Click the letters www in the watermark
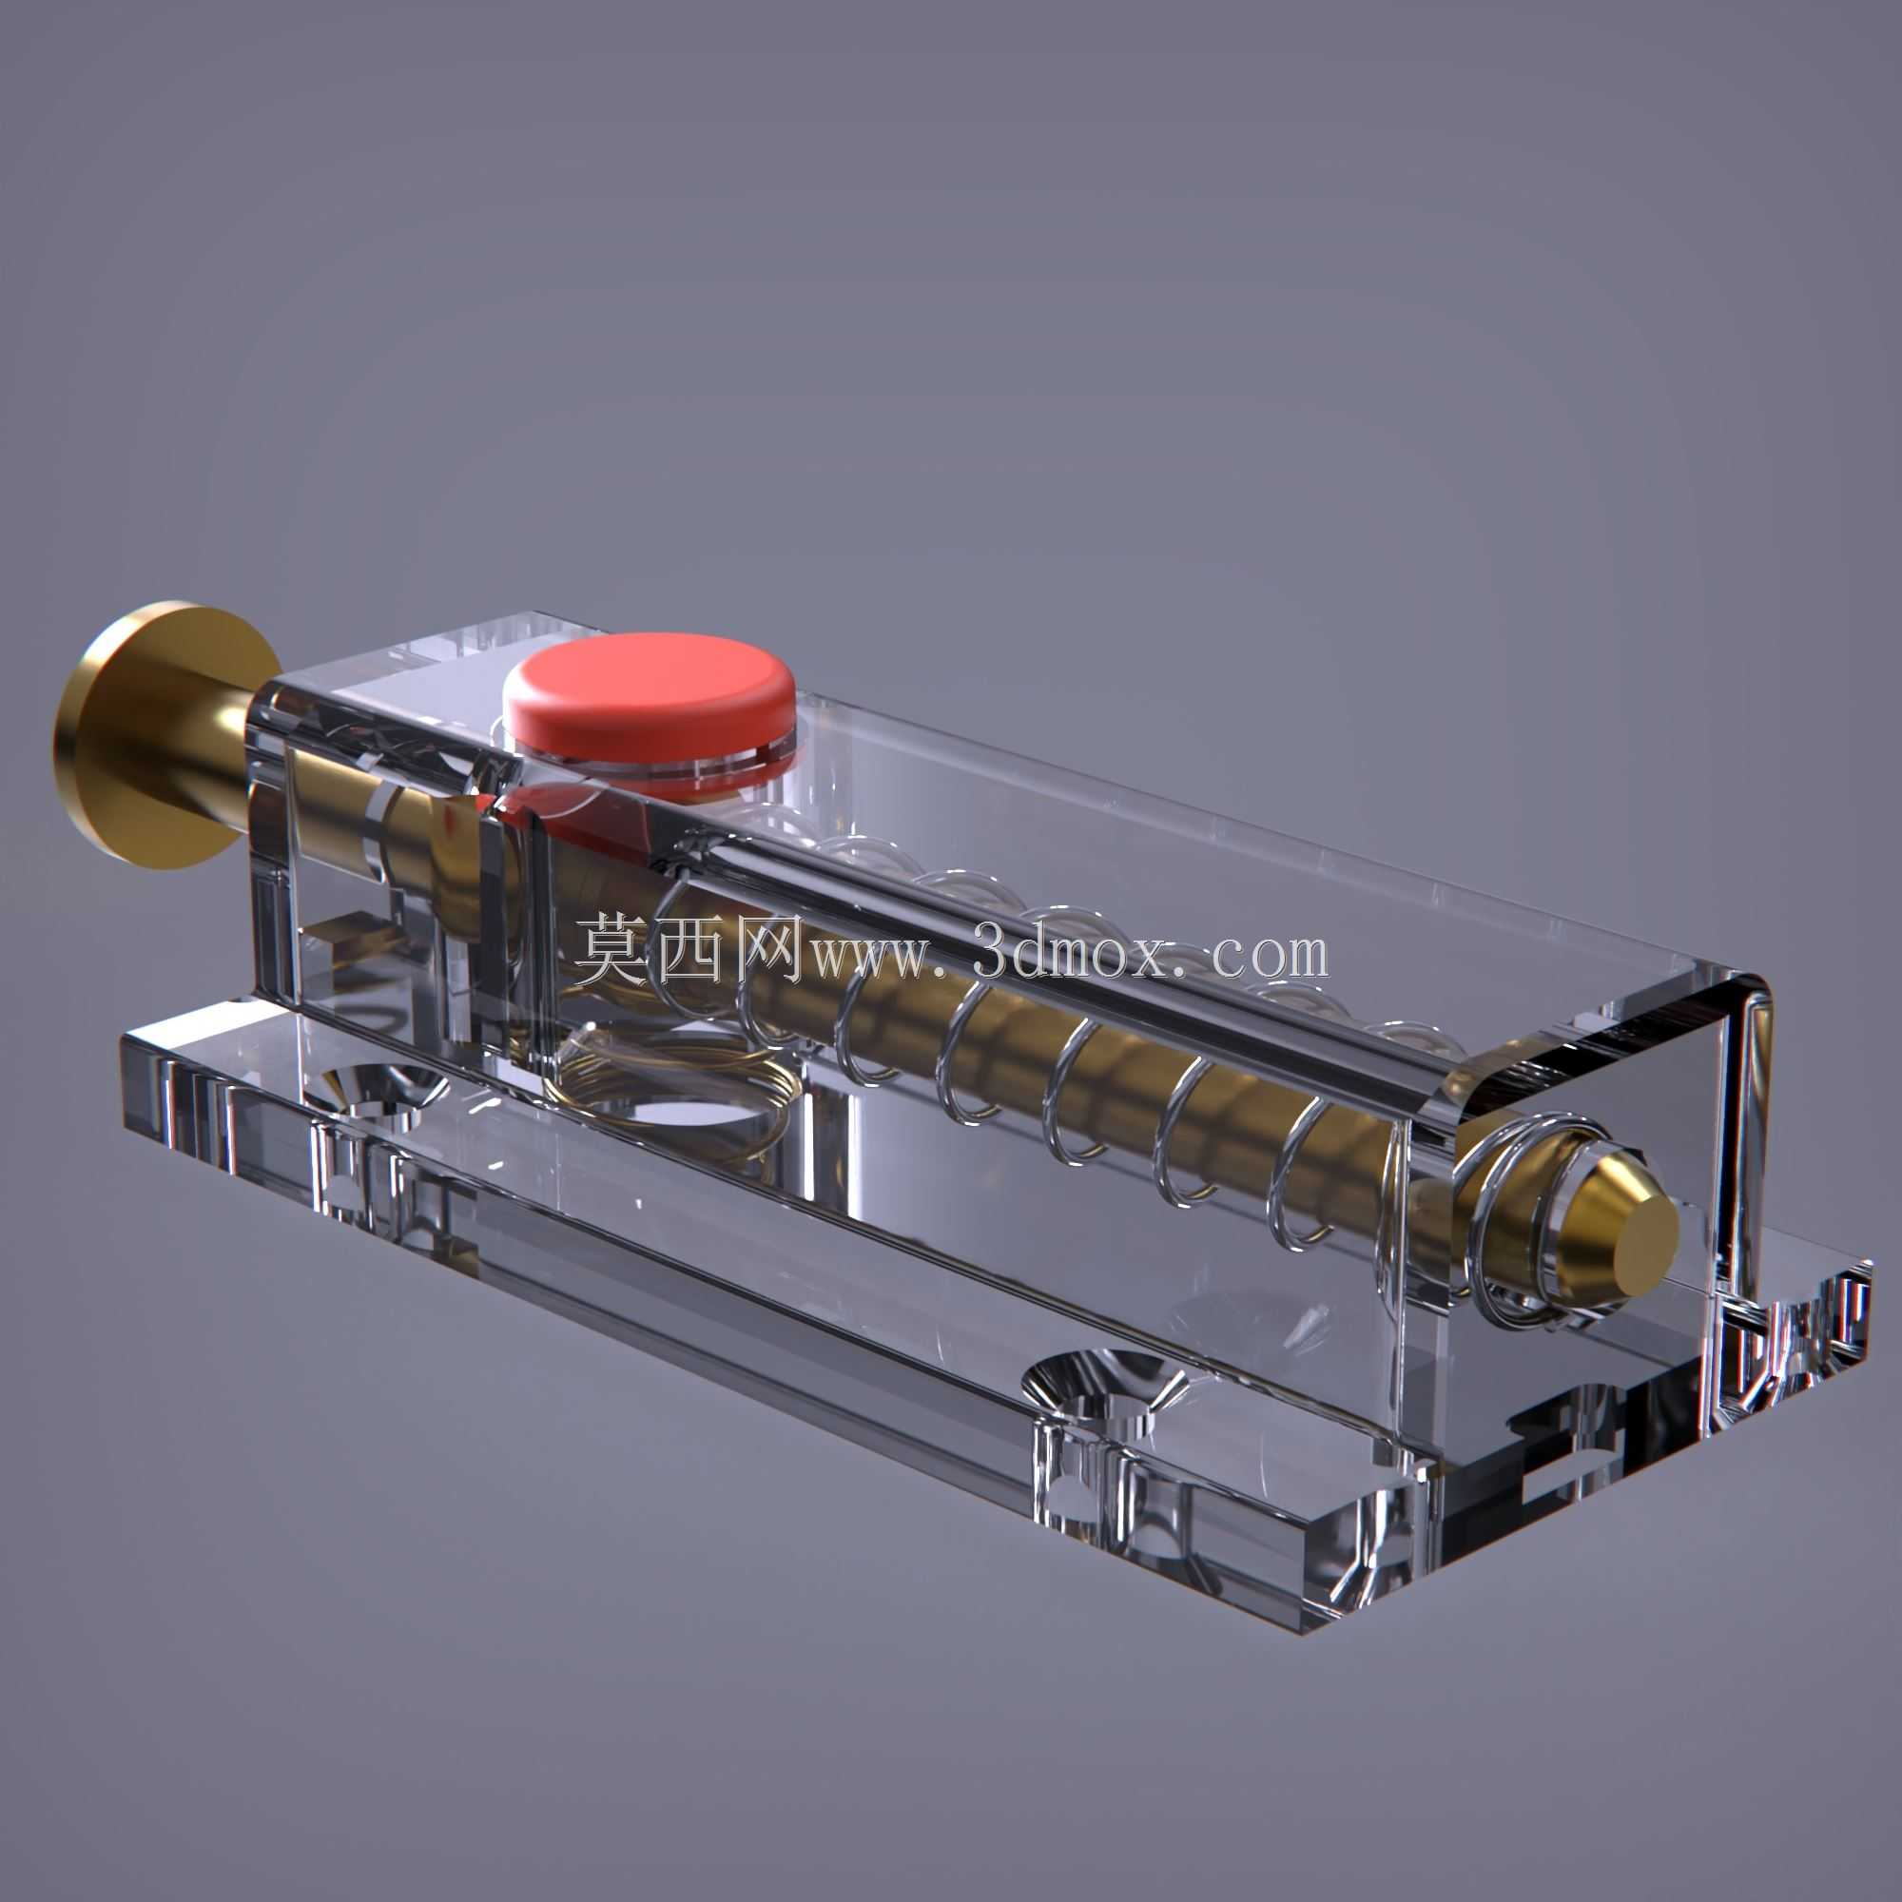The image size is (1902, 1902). pyautogui.click(x=866, y=959)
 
